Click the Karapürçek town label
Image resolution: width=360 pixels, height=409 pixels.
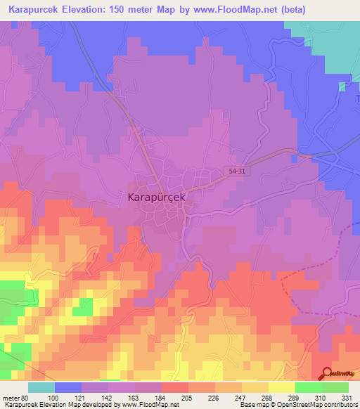tap(157, 198)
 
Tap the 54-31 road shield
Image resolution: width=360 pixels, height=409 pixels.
tap(238, 171)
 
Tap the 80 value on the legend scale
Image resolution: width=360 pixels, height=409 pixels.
tap(27, 398)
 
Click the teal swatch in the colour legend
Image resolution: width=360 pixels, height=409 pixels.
tap(41, 387)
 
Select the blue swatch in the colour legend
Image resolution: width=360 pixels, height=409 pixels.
tap(68, 387)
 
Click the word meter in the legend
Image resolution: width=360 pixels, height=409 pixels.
tap(11, 398)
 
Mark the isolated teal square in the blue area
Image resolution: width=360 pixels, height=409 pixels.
tap(342, 86)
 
